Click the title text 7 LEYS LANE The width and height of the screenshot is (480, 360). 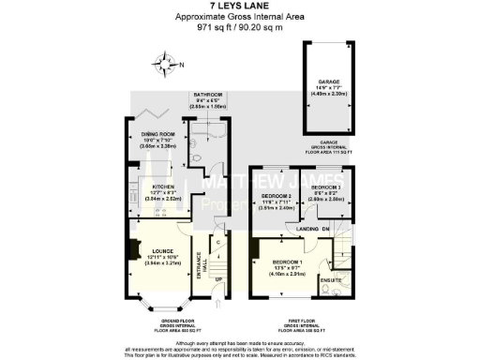pos(240,7)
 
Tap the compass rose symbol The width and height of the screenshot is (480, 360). pos(167,66)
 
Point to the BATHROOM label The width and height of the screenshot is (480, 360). pos(208,95)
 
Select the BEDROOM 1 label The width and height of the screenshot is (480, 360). pos(287,261)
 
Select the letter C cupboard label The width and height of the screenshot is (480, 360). pos(217,242)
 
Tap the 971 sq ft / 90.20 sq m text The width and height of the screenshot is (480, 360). pos(240,27)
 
